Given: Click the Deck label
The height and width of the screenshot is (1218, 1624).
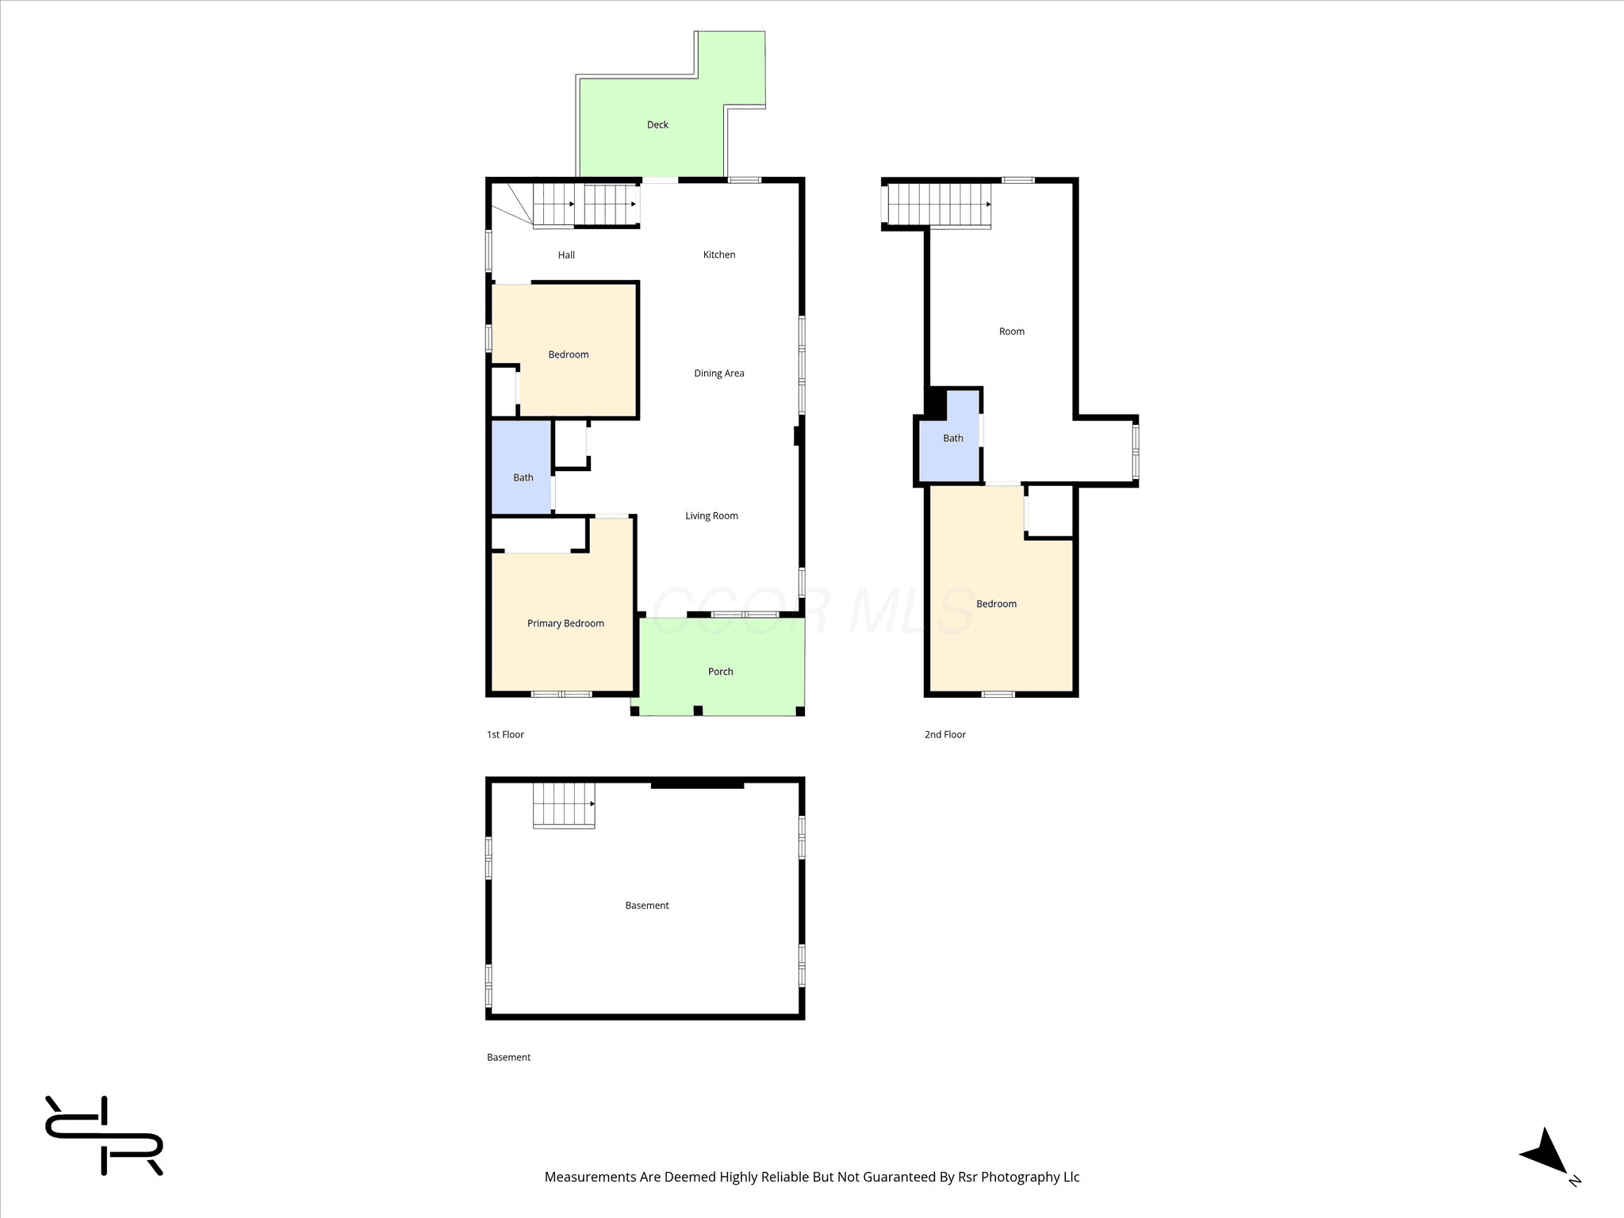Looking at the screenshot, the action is tap(657, 124).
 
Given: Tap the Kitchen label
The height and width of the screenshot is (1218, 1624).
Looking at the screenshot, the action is tap(719, 255).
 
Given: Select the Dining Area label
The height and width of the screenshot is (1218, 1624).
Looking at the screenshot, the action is tap(719, 373).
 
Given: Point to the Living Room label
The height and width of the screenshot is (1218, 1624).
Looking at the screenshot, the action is tap(711, 516).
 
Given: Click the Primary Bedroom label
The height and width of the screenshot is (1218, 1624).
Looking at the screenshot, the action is tap(565, 623).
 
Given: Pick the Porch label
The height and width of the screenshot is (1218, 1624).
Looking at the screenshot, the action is tap(720, 672).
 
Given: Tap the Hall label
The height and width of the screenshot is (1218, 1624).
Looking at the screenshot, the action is tap(566, 255).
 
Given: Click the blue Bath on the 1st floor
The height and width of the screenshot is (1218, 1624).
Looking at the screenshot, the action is tap(522, 467).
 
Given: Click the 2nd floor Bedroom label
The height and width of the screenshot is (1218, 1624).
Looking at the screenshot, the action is tap(996, 603).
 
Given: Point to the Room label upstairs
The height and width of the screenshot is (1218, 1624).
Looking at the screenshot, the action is tap(1012, 331).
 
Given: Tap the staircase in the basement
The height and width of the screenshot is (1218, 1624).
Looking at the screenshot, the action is tap(564, 806).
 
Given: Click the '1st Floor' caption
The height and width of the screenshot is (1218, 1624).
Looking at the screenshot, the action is tap(505, 734).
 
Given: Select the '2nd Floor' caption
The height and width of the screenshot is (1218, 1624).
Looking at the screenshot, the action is tap(945, 734).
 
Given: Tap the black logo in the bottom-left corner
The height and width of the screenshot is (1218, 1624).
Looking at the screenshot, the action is tap(104, 1136).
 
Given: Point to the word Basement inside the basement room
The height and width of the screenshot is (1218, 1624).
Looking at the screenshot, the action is tap(647, 906).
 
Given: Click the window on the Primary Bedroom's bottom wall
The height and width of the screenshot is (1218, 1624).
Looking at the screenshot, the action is tap(561, 695).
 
